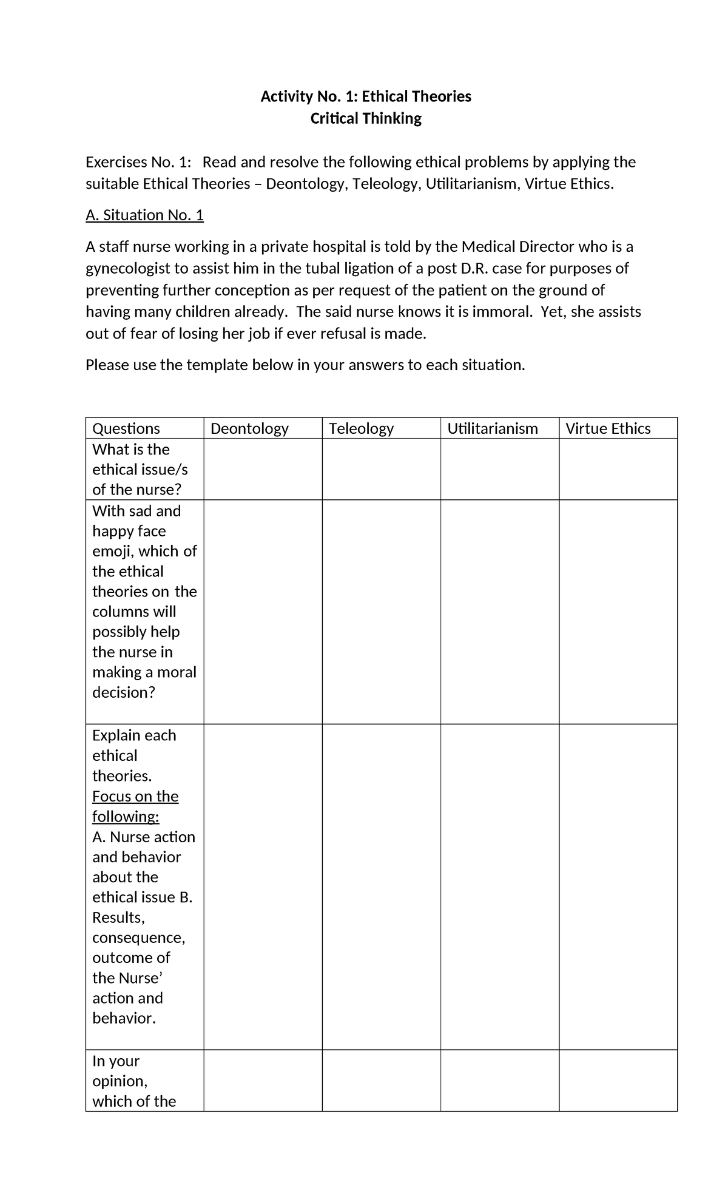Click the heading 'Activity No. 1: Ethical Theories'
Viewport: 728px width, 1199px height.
click(x=365, y=96)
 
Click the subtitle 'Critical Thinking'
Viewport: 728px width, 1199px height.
click(x=365, y=118)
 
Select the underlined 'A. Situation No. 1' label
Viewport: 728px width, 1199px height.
click(x=144, y=215)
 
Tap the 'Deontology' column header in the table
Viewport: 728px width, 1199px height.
click(x=249, y=429)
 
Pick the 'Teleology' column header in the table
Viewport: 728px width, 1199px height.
click(x=361, y=429)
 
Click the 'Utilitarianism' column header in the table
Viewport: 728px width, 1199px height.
click(x=492, y=429)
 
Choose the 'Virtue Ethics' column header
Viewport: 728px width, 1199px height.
click(x=608, y=429)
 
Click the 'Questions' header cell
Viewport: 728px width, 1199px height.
click(x=126, y=429)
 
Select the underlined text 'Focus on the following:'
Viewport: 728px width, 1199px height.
click(x=135, y=806)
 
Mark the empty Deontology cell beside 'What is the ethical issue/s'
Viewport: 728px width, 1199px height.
click(x=263, y=469)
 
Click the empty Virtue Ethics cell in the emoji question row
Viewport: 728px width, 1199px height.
click(x=618, y=612)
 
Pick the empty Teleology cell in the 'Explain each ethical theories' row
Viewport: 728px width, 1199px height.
click(x=381, y=887)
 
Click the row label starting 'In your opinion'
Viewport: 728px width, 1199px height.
click(x=134, y=1081)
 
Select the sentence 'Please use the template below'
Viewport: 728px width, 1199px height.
click(x=305, y=365)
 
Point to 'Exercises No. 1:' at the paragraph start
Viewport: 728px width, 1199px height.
click(x=138, y=162)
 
